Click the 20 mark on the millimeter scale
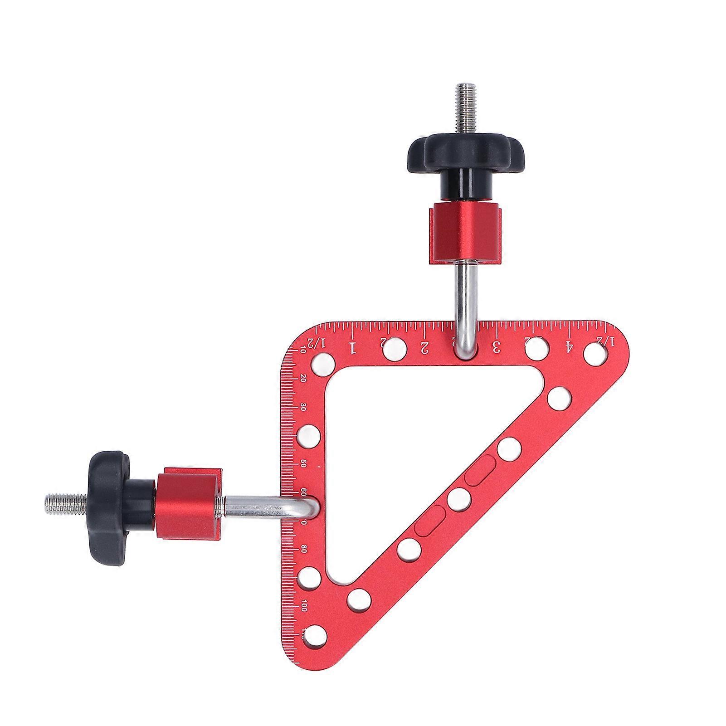click(303, 379)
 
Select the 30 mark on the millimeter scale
click(303, 407)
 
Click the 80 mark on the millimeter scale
click(303, 549)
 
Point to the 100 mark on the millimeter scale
click(303, 606)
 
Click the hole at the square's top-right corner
click(595, 353)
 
